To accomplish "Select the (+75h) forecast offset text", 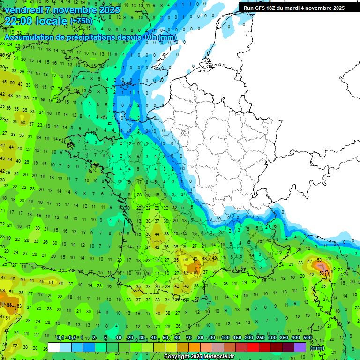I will coord(81,21).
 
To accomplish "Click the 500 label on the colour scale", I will coord(307,338).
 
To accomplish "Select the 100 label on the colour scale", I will coord(225,338).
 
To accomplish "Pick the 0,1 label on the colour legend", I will coord(60,338).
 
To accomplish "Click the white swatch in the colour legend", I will coord(54,347).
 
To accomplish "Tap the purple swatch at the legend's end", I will coord(300,347).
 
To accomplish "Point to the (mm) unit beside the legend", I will coord(317,348).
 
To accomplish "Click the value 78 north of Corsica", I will coord(331,271).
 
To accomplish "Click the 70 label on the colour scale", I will coord(188,338).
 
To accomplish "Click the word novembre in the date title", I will coord(72,10).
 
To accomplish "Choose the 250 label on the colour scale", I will coord(261,338).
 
